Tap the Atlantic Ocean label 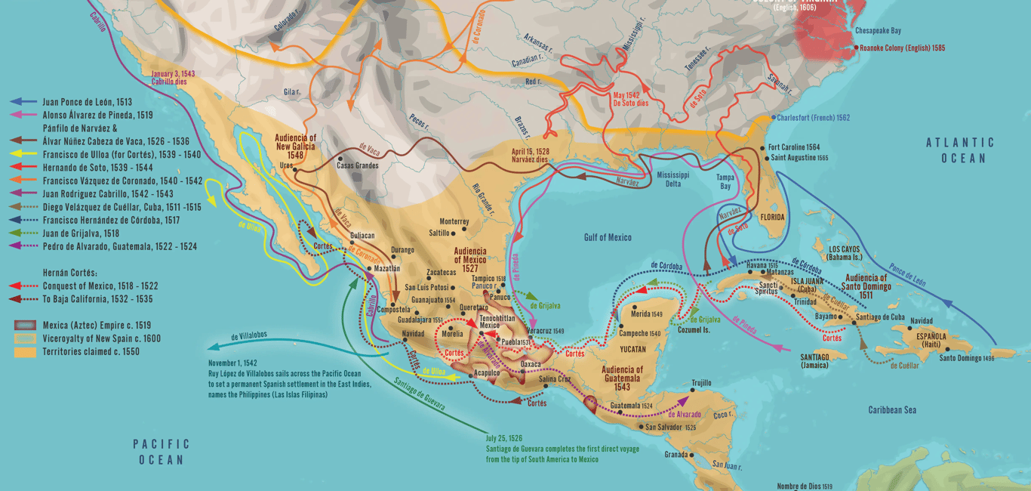(960, 150)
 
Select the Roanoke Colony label (902, 48)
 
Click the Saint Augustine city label (799, 158)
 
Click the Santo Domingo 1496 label (966, 357)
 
